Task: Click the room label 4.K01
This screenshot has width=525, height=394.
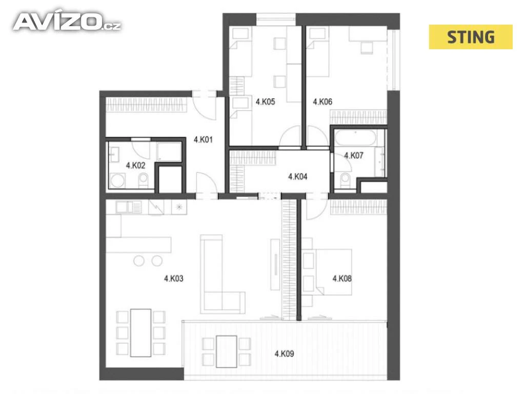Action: point(203,140)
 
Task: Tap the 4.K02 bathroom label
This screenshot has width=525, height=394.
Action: point(135,165)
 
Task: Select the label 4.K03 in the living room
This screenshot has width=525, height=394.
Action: point(174,279)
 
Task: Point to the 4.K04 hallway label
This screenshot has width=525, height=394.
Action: point(298,176)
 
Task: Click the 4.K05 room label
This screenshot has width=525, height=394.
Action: point(266,102)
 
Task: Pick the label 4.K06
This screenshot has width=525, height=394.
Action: point(322,102)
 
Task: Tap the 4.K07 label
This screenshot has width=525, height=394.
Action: point(354,155)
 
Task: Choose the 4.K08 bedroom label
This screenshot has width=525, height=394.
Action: point(342,279)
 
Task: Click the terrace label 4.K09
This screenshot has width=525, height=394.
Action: point(284,353)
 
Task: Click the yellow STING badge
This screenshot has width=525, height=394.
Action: point(471,37)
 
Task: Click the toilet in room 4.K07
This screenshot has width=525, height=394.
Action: point(345,180)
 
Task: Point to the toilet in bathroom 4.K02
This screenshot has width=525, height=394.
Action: point(143,181)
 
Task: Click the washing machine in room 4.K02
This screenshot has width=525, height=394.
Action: point(117,180)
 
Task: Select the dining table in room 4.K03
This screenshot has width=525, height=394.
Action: point(140,332)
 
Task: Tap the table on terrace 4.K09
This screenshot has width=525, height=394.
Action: point(227,351)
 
